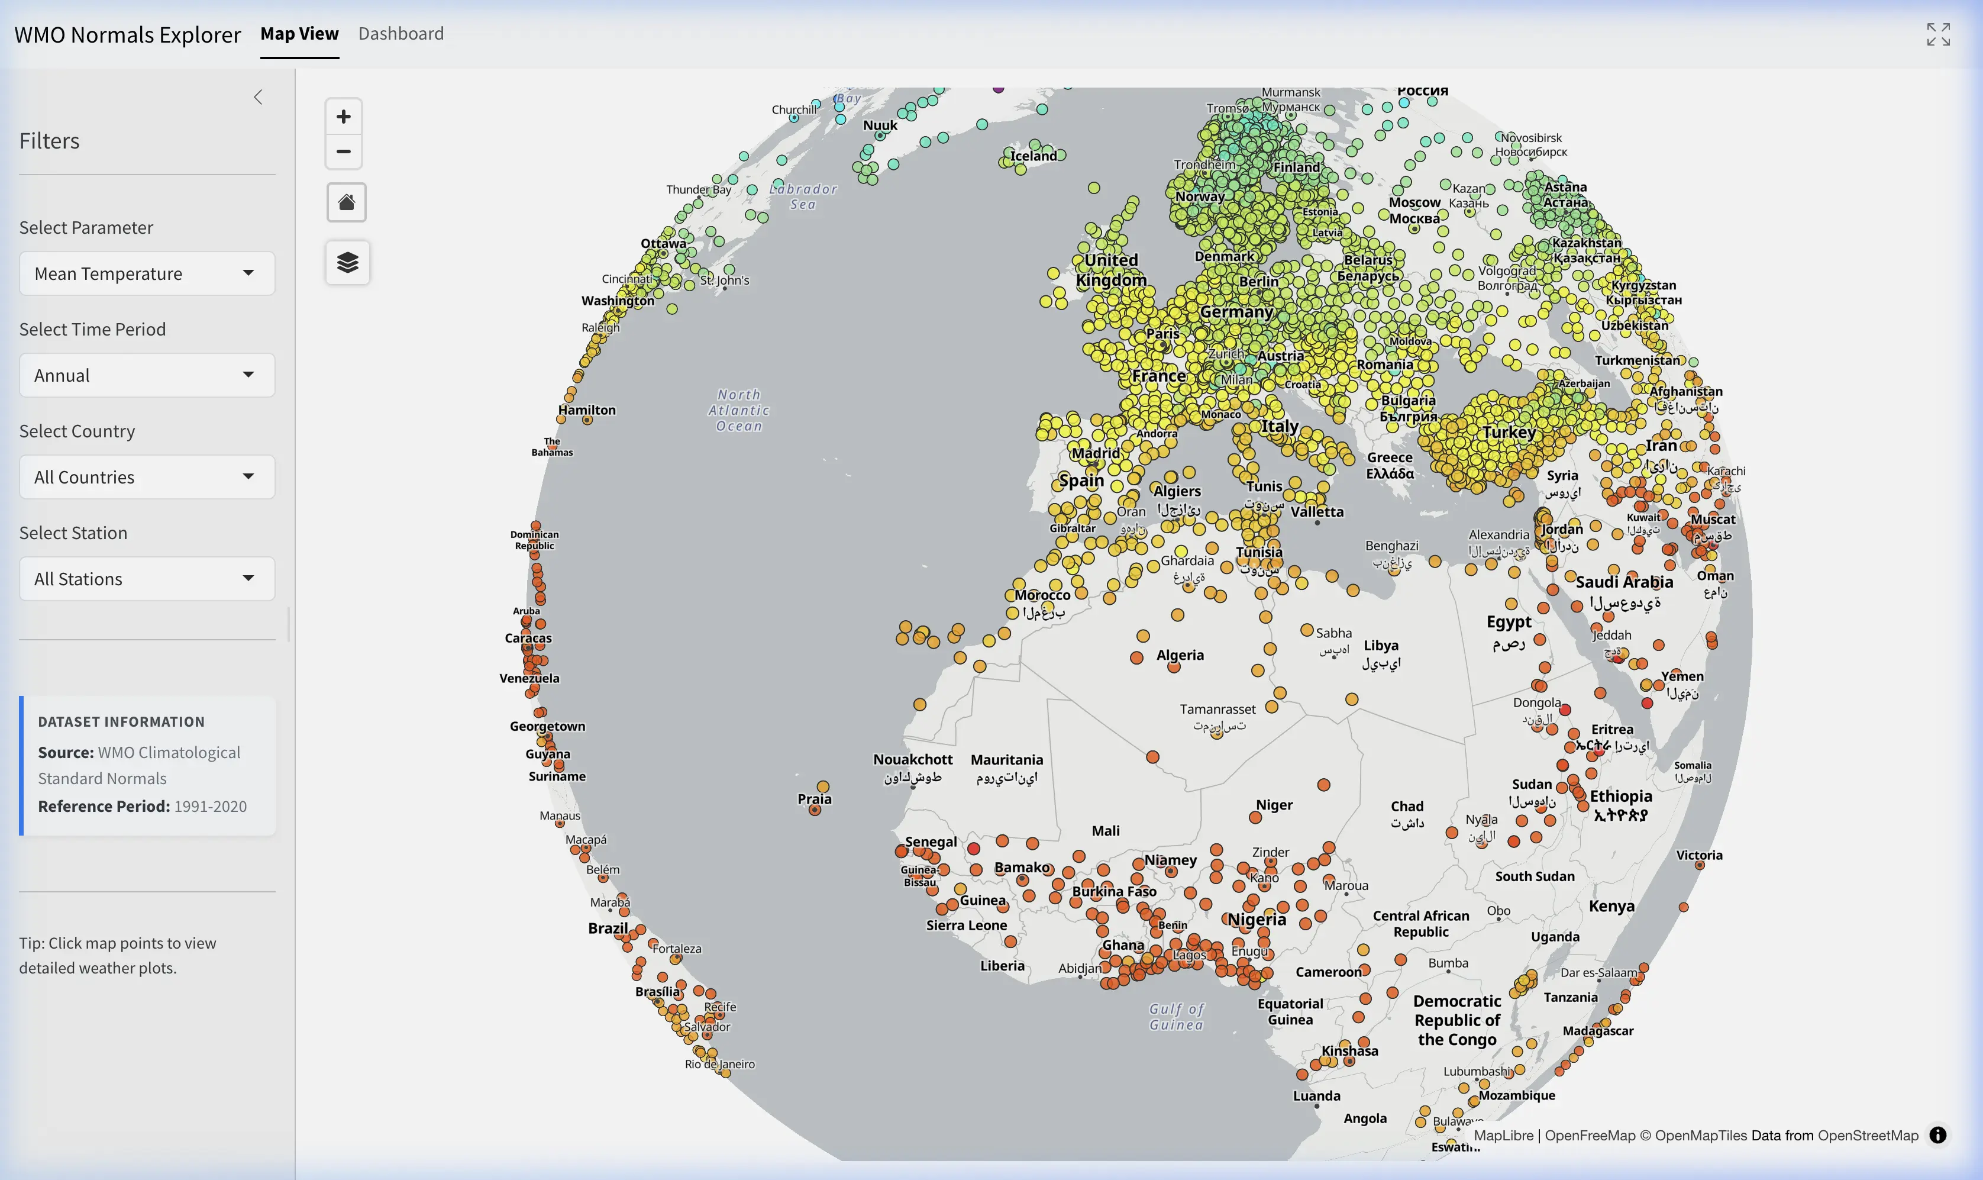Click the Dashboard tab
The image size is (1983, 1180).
[x=401, y=33]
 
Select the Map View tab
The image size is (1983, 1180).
[x=299, y=33]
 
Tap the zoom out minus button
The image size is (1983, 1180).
[x=343, y=151]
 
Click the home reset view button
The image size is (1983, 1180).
[x=347, y=202]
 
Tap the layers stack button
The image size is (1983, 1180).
[x=347, y=262]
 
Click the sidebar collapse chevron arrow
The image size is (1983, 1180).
[x=257, y=97]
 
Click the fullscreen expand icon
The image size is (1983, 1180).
[x=1937, y=34]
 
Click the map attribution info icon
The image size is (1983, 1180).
[x=1937, y=1134]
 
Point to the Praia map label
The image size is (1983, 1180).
[x=814, y=798]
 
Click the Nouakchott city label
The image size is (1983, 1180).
[x=912, y=759]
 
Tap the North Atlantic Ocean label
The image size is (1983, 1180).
[x=739, y=410]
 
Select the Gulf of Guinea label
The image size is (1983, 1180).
[x=1176, y=1016]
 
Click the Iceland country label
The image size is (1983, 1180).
[x=1034, y=156]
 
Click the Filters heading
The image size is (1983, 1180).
[x=49, y=141]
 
